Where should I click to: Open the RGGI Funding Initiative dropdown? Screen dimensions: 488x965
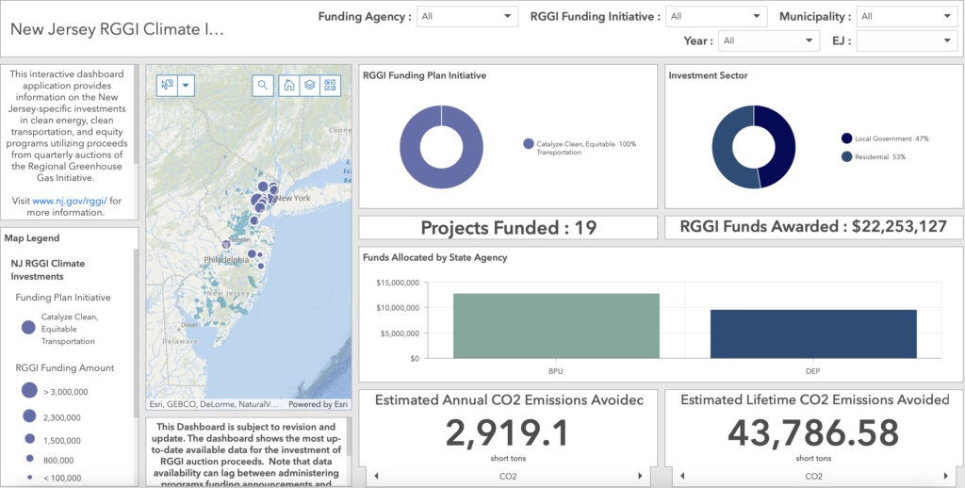tap(716, 16)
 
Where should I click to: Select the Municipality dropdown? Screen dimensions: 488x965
tap(907, 16)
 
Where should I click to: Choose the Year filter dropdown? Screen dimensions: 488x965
tap(768, 41)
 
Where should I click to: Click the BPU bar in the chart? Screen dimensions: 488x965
tap(556, 325)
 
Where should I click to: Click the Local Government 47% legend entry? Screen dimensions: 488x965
tap(885, 138)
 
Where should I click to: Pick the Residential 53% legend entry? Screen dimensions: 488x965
tap(879, 156)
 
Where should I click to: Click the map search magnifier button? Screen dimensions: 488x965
tap(262, 85)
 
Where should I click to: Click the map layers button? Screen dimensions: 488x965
tap(309, 85)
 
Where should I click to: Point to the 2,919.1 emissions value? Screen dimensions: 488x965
tap(508, 433)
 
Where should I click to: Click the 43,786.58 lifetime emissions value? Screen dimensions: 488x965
tap(813, 433)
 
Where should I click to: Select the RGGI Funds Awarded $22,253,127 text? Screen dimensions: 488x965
tap(813, 227)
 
